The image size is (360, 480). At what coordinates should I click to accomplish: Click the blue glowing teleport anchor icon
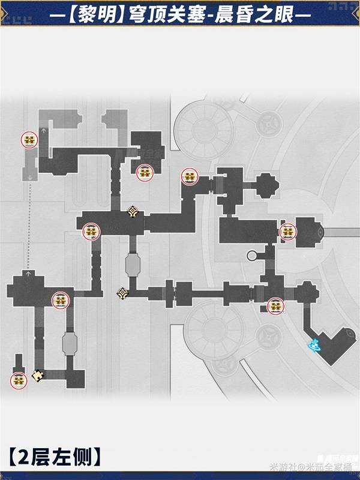click(x=313, y=344)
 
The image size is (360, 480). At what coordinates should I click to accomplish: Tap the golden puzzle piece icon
click(x=38, y=376)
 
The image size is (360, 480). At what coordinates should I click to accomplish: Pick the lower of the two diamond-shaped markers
click(x=122, y=293)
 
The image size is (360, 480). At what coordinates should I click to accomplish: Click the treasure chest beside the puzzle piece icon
click(x=19, y=380)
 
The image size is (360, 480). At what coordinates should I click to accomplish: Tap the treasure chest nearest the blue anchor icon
click(x=275, y=307)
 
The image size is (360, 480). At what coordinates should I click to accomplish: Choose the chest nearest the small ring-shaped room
click(x=288, y=232)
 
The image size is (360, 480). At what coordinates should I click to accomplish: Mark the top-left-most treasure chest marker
click(x=29, y=140)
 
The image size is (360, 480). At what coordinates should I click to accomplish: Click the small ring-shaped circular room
click(x=252, y=255)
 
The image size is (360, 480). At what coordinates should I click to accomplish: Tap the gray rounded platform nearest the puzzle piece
click(x=70, y=344)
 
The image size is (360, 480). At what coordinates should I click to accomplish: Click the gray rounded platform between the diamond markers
click(x=133, y=264)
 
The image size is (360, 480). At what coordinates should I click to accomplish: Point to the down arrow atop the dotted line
click(x=29, y=177)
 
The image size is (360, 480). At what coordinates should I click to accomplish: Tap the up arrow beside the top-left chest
click(x=46, y=128)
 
